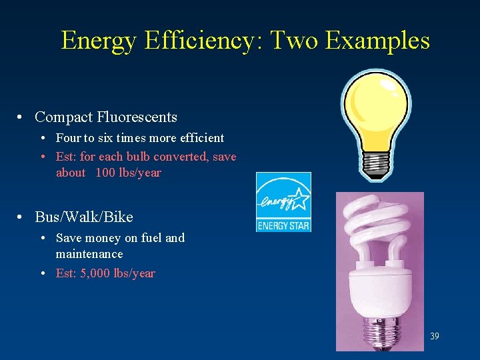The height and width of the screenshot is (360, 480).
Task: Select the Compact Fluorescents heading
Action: pyautogui.click(x=106, y=117)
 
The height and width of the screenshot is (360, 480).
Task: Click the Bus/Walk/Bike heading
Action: pyautogui.click(x=84, y=217)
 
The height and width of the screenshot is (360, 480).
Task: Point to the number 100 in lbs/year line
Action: pyautogui.click(x=105, y=173)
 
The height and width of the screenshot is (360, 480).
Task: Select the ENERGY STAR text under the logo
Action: pyautogui.click(x=283, y=225)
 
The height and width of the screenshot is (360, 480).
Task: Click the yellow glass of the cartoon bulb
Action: pyautogui.click(x=375, y=110)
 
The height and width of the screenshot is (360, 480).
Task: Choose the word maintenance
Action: pyautogui.click(x=89, y=254)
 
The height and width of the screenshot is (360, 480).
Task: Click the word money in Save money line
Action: pyautogui.click(x=104, y=238)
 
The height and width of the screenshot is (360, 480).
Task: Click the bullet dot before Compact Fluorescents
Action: pyautogui.click(x=22, y=118)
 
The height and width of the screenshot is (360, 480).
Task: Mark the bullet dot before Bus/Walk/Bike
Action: pyautogui.click(x=22, y=218)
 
